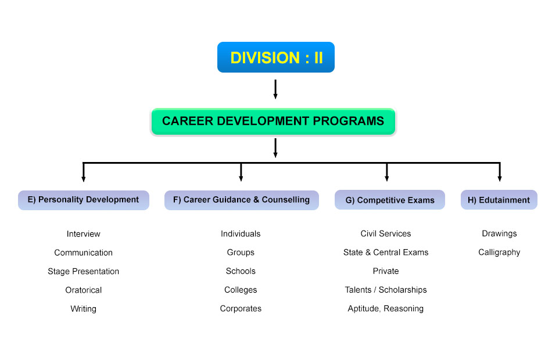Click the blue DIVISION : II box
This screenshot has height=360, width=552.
click(275, 57)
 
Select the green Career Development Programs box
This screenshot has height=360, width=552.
click(273, 121)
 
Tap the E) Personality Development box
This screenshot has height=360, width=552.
click(84, 200)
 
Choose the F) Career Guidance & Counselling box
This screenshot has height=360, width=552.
click(242, 200)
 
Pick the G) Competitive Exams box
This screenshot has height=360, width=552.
click(390, 200)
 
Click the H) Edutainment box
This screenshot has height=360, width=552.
click(499, 200)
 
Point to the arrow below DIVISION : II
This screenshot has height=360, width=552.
click(275, 89)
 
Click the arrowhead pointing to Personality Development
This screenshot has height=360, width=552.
click(84, 179)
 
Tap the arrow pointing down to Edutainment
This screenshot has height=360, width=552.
click(500, 172)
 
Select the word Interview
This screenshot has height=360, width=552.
click(84, 234)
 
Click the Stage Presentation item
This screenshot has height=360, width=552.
click(84, 271)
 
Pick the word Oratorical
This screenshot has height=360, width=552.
click(84, 290)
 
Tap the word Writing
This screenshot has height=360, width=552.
click(84, 309)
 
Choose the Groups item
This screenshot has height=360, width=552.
click(241, 253)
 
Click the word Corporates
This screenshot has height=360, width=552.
click(241, 309)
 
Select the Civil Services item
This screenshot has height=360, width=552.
click(386, 233)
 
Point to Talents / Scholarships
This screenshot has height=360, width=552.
click(386, 290)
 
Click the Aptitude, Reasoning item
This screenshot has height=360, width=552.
click(386, 309)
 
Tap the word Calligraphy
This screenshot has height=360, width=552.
click(499, 253)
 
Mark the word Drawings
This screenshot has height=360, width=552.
click(499, 233)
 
